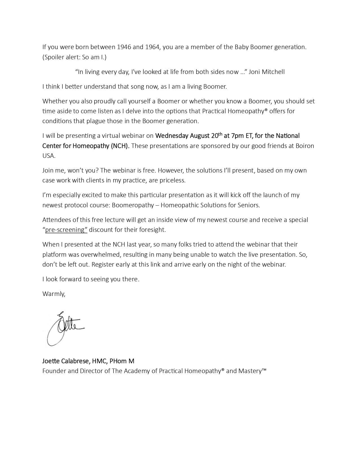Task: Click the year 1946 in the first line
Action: [x=124, y=47]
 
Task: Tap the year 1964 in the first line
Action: [x=152, y=47]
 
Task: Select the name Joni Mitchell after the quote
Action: [x=267, y=72]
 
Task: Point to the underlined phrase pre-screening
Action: [x=65, y=230]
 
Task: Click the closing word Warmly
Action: [x=54, y=294]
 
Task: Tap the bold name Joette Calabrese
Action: [x=66, y=361]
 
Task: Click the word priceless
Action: [x=173, y=180]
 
